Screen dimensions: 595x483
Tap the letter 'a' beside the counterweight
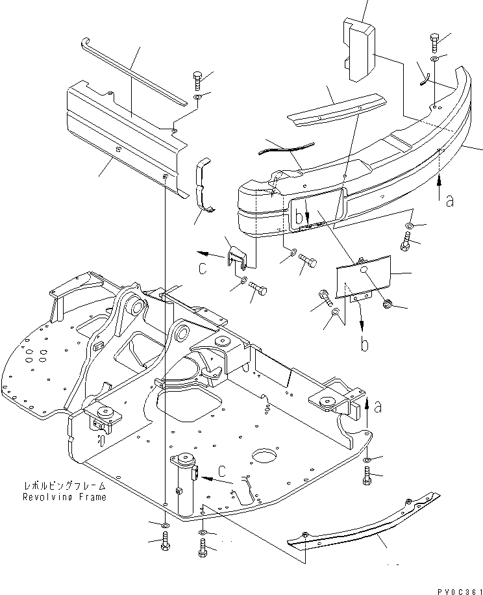449,201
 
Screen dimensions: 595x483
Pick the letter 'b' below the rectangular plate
365,344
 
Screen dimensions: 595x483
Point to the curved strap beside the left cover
204,184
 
